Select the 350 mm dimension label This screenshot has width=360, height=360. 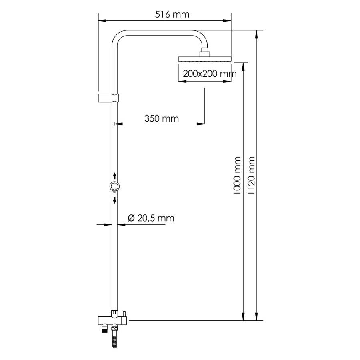(x=162, y=118)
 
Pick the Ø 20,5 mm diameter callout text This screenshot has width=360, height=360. (x=151, y=218)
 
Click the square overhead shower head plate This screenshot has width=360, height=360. (x=204, y=59)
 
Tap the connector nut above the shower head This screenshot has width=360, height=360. (x=204, y=52)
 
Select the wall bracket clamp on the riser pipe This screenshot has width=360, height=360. (x=108, y=98)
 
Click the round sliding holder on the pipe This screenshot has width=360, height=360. (x=114, y=186)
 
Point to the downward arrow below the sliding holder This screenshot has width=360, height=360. (x=114, y=200)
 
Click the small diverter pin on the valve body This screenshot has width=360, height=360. (x=124, y=312)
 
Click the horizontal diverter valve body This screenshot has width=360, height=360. (x=112, y=320)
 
